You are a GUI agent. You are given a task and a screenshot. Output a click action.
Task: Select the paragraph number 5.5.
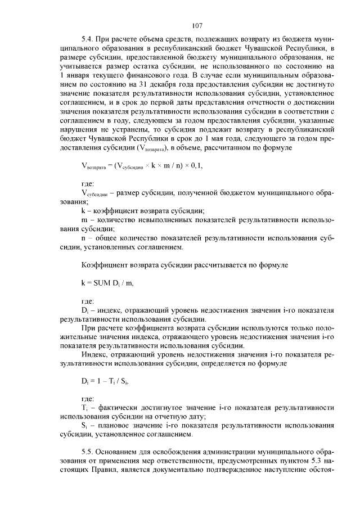tap(87, 452)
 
